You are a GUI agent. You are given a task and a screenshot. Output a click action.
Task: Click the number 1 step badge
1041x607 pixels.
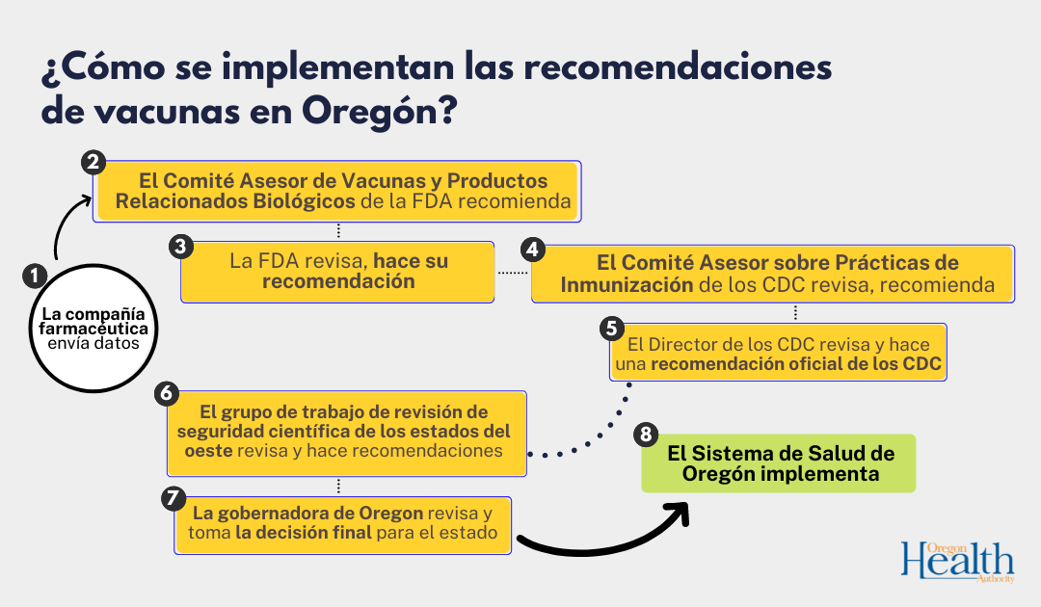pyautogui.click(x=34, y=276)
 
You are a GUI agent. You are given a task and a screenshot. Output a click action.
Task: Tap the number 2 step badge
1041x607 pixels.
pyautogui.click(x=93, y=162)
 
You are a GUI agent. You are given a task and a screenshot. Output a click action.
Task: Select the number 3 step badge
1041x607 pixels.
pyautogui.click(x=180, y=246)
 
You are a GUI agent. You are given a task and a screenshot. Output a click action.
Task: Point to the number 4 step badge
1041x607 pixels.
pyautogui.click(x=532, y=249)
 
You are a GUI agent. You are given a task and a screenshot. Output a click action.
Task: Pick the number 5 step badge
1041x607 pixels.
pyautogui.click(x=609, y=328)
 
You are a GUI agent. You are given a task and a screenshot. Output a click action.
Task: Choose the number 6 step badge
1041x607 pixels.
pyautogui.click(x=167, y=393)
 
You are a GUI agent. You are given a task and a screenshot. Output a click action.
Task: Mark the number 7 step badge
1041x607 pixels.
pyautogui.click(x=174, y=498)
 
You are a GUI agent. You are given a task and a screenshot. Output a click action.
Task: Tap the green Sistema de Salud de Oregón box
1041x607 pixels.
pyautogui.click(x=779, y=463)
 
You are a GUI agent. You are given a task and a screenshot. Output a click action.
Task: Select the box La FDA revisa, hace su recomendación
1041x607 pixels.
pyautogui.click(x=337, y=271)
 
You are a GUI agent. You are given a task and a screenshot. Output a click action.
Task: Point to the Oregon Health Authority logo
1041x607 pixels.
pyautogui.click(x=958, y=562)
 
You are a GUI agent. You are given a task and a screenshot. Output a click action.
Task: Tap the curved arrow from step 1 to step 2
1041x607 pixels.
pyautogui.click(x=64, y=226)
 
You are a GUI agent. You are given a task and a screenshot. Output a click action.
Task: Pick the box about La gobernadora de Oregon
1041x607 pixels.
pyautogui.click(x=342, y=524)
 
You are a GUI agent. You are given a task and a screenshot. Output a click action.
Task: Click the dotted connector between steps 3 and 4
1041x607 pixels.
pyautogui.click(x=512, y=273)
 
